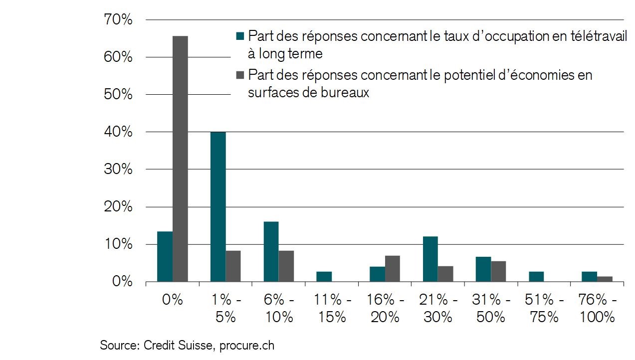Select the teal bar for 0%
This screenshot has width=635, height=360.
pyautogui.click(x=165, y=256)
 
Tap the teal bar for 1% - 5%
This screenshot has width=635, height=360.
pyautogui.click(x=218, y=206)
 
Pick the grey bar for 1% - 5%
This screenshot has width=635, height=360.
pyautogui.click(x=233, y=266)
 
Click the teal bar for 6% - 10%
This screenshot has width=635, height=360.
pyautogui.click(x=271, y=251)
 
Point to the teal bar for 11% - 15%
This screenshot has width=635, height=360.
pyautogui.click(x=324, y=277)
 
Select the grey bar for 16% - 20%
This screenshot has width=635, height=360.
pyautogui.click(x=392, y=269)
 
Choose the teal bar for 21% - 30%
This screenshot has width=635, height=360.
pyautogui.click(x=430, y=259)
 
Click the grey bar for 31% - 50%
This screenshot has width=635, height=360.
pyautogui.click(x=498, y=271)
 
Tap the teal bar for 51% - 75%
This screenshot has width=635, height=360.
pyautogui.click(x=536, y=277)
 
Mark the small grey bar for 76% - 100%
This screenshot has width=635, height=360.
pyautogui.click(x=605, y=279)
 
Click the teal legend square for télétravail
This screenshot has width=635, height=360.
pyautogui.click(x=240, y=36)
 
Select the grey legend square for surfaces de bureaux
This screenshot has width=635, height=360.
pyautogui.click(x=240, y=75)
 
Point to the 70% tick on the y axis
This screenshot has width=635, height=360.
pyautogui.click(x=118, y=20)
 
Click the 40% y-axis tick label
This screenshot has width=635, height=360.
pyautogui.click(x=118, y=132)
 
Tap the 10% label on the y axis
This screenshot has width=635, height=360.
pyautogui.click(x=118, y=244)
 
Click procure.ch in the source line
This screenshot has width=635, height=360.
pyautogui.click(x=247, y=345)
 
